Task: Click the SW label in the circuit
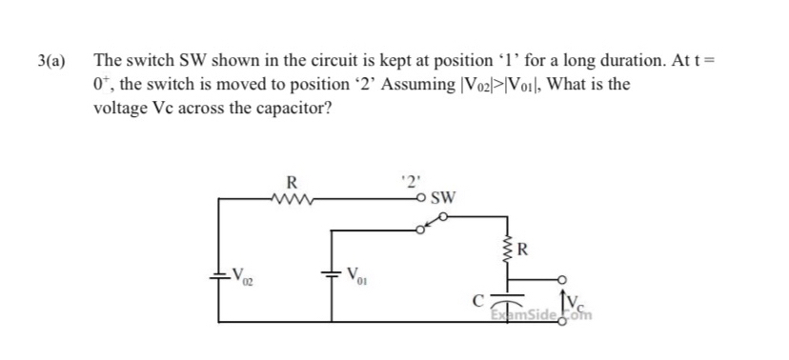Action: point(442,199)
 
